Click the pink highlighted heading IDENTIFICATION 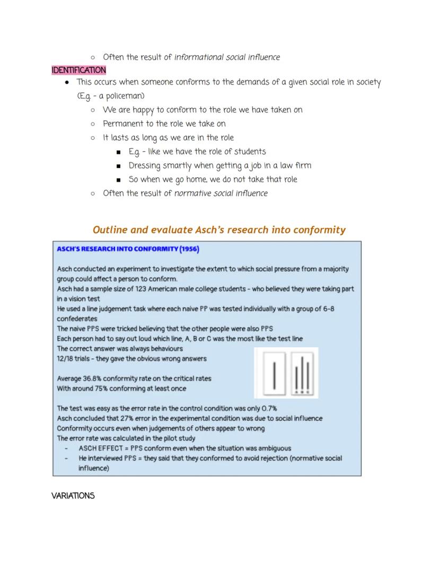point(78,70)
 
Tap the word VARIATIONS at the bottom point(73,496)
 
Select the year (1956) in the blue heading point(189,249)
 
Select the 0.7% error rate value point(265,409)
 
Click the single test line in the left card point(274,374)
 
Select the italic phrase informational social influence point(227,57)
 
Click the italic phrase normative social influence point(221,193)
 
